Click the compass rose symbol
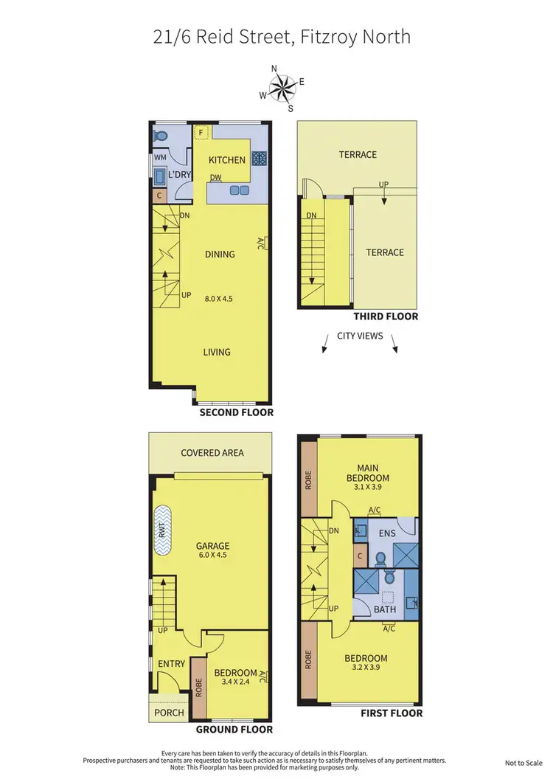281,89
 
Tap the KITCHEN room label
226,160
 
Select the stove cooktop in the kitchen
260,158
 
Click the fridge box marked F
201,133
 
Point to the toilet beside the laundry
161,136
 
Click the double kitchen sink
239,190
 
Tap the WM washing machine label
159,158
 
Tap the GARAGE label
212,547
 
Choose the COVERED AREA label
212,452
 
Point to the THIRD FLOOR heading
385,316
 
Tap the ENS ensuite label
387,532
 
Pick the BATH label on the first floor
385,609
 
